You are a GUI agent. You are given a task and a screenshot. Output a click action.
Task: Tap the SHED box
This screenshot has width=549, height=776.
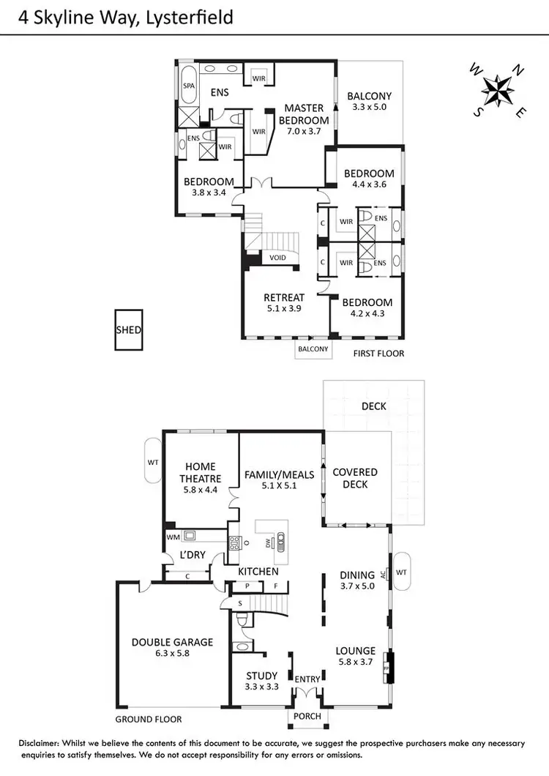(x=129, y=330)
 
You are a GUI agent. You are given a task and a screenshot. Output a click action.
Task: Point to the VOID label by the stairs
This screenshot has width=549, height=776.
(x=278, y=258)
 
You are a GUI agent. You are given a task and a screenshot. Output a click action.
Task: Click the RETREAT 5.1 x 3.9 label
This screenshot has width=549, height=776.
(x=284, y=303)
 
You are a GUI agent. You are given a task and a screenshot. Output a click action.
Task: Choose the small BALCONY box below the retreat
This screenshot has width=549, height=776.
(x=312, y=350)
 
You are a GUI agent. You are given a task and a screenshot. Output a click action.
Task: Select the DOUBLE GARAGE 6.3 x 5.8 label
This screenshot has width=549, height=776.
(x=173, y=648)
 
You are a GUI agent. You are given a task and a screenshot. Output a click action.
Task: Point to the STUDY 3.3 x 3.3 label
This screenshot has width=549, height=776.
(x=262, y=682)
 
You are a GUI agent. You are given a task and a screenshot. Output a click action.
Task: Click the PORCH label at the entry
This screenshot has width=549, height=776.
(x=307, y=716)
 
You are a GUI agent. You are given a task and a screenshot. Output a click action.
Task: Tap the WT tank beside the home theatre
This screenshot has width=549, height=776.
(x=153, y=462)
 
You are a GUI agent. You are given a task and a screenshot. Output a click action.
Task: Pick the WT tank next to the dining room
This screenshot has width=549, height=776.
(x=402, y=571)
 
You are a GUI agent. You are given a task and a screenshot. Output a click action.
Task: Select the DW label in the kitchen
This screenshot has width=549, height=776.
(x=269, y=542)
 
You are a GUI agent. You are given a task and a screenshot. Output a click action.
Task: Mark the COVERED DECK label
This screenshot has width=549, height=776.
(x=355, y=479)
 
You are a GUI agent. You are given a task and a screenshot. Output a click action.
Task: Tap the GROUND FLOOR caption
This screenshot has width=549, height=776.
(x=149, y=719)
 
